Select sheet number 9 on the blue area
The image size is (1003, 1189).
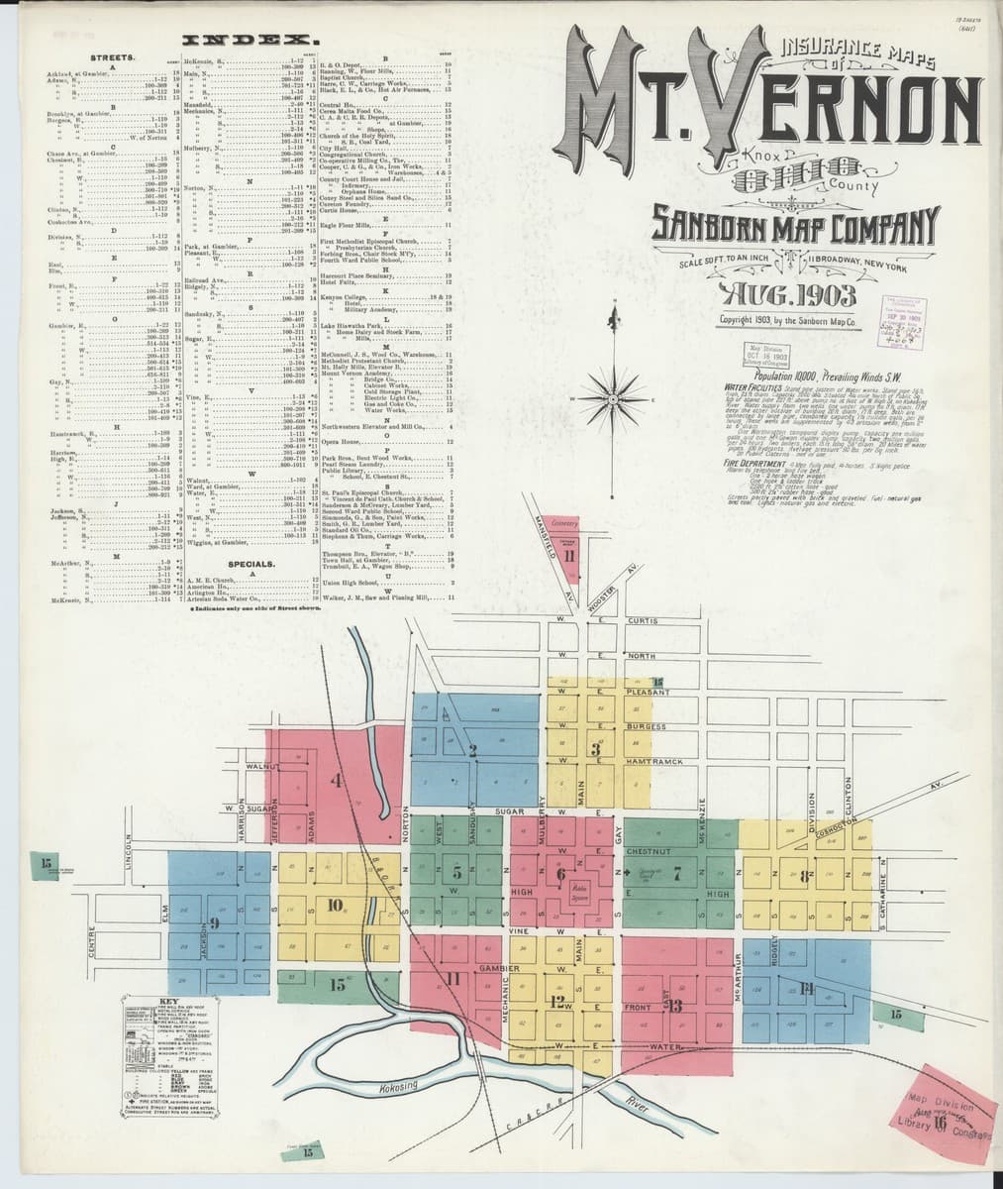(x=214, y=922)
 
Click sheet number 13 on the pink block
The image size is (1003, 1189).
(x=675, y=1007)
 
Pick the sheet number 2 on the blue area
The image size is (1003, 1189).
(x=473, y=750)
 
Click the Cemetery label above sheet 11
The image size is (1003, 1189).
(x=564, y=522)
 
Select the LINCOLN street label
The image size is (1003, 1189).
(x=128, y=848)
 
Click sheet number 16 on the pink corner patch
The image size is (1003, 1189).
(x=937, y=1123)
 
